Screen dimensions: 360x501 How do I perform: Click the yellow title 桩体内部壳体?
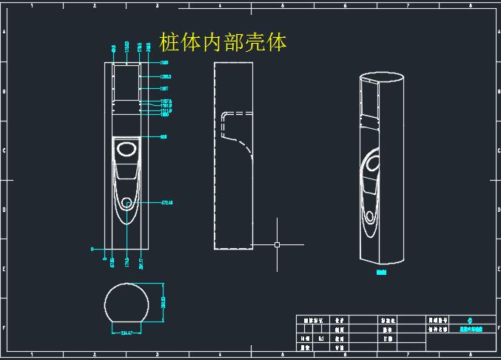223,42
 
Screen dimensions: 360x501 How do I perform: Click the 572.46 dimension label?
167,201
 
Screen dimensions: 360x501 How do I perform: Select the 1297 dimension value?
164,88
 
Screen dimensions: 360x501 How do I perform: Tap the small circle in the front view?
129,202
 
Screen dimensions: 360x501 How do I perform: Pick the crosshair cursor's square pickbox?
277,244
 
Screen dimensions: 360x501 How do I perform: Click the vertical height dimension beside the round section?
163,303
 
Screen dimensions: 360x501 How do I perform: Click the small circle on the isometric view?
369,217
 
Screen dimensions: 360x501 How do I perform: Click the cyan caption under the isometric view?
382,272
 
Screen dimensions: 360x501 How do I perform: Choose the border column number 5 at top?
283,5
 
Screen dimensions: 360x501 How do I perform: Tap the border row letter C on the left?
4,150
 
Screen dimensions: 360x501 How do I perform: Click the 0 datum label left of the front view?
93,249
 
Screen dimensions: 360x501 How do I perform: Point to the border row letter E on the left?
4,269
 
